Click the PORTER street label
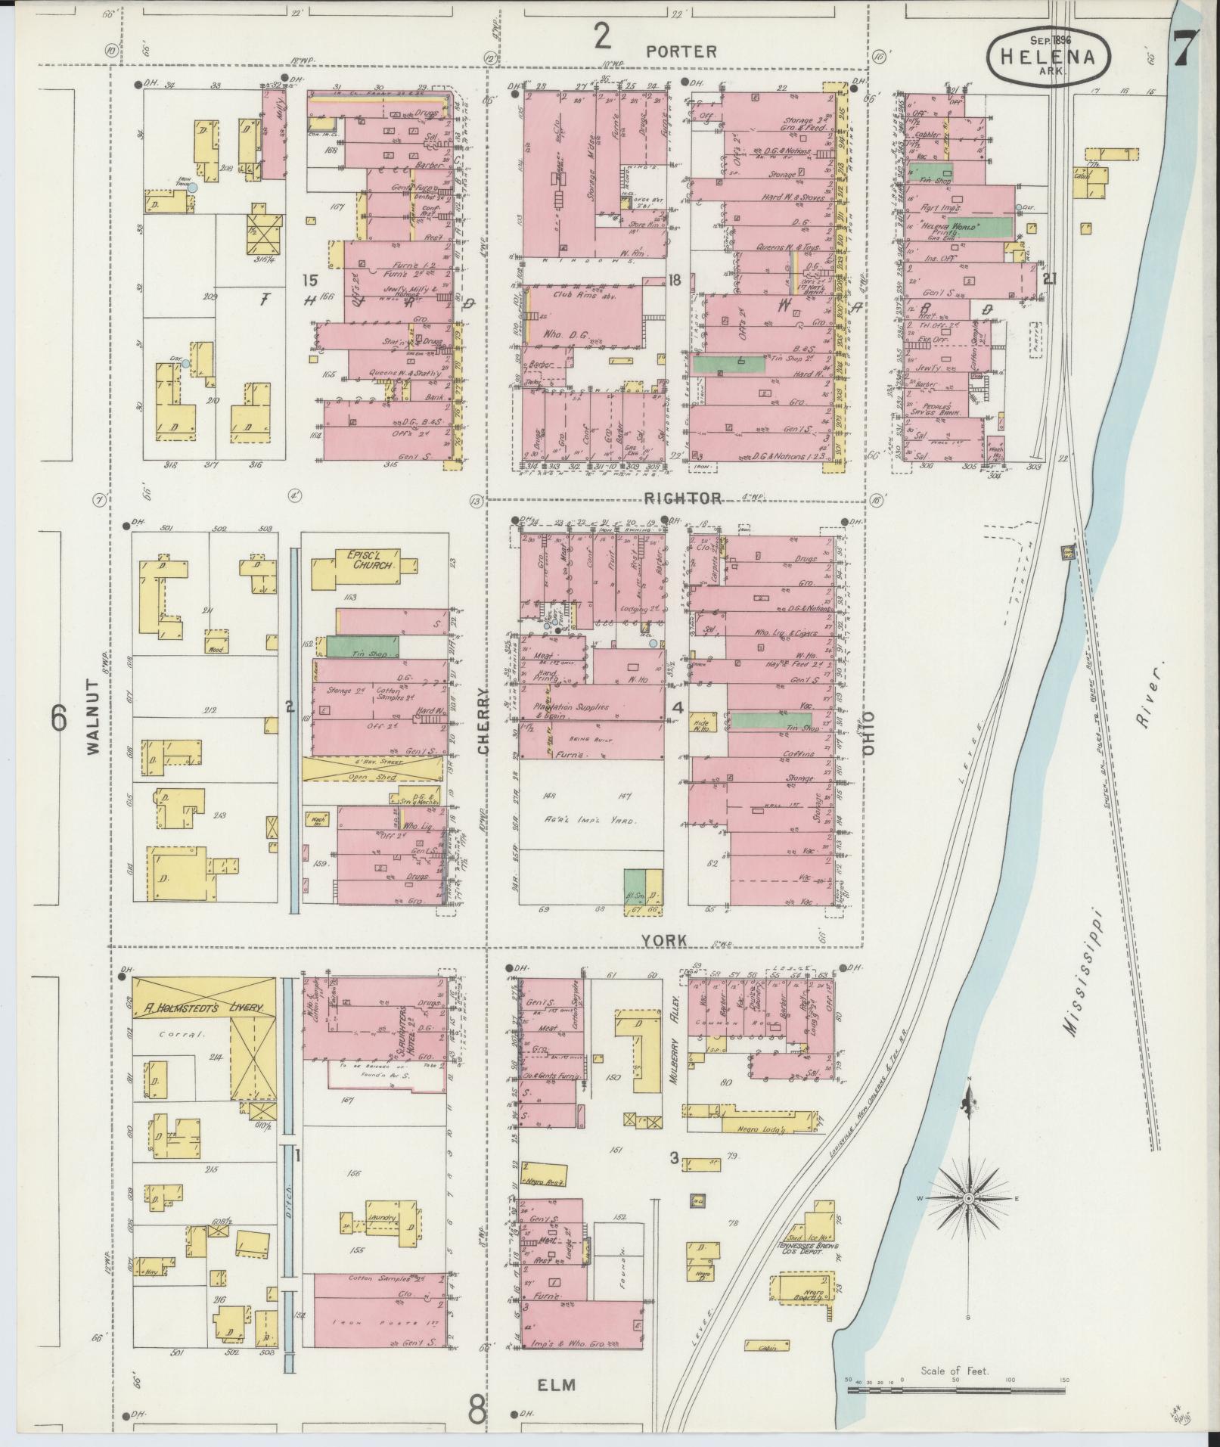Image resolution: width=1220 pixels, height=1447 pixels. click(681, 51)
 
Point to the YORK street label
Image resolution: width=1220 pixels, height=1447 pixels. click(664, 940)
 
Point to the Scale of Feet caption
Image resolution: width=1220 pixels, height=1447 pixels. click(955, 1371)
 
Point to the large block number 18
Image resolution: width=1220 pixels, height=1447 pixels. click(675, 280)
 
